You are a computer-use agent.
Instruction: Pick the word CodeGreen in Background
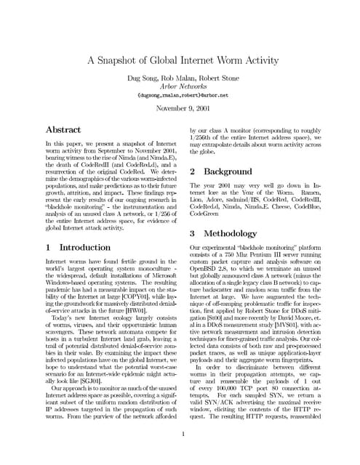click(206, 216)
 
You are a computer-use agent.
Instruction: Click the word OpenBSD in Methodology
click(207, 269)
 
